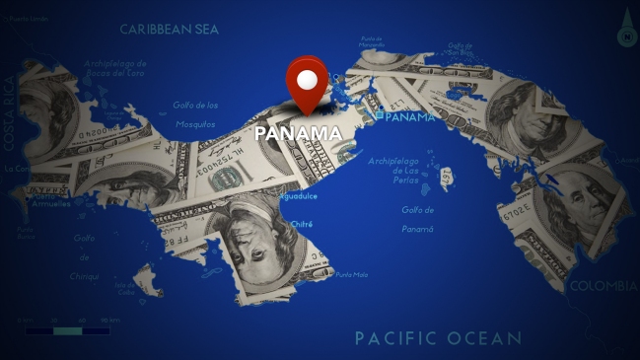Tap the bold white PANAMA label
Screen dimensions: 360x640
(298, 133)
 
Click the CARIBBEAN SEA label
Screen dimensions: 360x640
(170, 30)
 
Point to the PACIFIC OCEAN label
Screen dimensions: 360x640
(438, 338)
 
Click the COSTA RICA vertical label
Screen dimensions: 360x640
(9, 112)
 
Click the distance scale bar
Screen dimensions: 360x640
(67, 330)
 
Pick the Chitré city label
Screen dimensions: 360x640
(274, 224)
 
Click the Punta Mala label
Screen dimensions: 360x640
(352, 274)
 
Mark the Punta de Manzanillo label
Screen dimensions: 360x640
(372, 42)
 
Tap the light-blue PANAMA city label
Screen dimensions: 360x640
(409, 117)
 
